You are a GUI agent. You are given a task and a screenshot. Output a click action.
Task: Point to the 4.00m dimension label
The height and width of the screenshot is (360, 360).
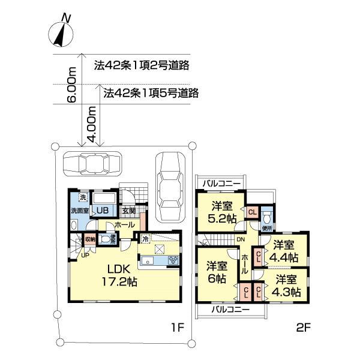point(92,124)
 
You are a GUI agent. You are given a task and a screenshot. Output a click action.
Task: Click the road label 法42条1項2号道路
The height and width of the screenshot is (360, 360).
point(143,66)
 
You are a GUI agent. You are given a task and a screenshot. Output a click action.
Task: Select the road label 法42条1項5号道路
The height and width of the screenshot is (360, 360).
point(151,93)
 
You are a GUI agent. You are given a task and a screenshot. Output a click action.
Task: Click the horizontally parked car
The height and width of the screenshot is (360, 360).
point(92,163)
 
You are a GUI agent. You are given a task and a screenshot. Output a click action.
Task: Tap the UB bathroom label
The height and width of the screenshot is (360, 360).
point(102,211)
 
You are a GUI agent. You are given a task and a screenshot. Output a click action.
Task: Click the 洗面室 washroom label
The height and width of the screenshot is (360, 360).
point(79,211)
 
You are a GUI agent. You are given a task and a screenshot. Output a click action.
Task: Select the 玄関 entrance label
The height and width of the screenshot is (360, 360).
point(129,211)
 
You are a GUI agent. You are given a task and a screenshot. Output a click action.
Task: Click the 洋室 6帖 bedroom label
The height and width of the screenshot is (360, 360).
point(217,273)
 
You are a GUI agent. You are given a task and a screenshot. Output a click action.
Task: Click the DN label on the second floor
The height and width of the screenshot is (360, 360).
point(240,240)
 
